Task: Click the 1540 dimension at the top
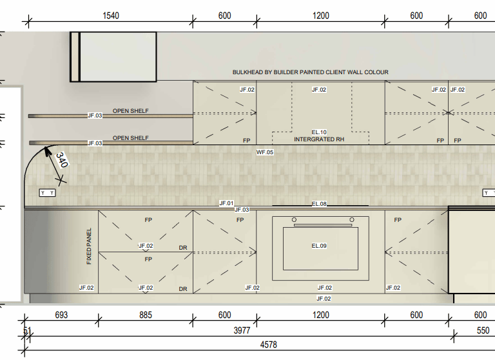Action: tap(110, 16)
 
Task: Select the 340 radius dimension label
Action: tap(62, 160)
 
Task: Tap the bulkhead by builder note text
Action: tap(310, 72)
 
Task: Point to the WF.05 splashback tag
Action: tap(265, 152)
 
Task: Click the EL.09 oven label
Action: tap(319, 246)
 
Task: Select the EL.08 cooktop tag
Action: tap(319, 204)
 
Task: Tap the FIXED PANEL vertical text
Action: tap(89, 246)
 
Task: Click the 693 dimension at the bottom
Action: tap(61, 315)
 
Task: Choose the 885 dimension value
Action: tap(145, 315)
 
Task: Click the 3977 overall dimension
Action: tap(241, 331)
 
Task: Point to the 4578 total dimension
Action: tap(268, 345)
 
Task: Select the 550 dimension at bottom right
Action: tap(483, 331)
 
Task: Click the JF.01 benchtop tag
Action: tap(226, 203)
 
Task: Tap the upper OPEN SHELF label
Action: tap(131, 111)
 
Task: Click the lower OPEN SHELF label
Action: tap(131, 138)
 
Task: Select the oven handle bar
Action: tap(322, 226)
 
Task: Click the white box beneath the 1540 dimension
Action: tap(113, 57)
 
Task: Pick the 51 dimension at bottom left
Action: tap(26, 331)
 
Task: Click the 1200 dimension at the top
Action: tap(320, 16)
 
